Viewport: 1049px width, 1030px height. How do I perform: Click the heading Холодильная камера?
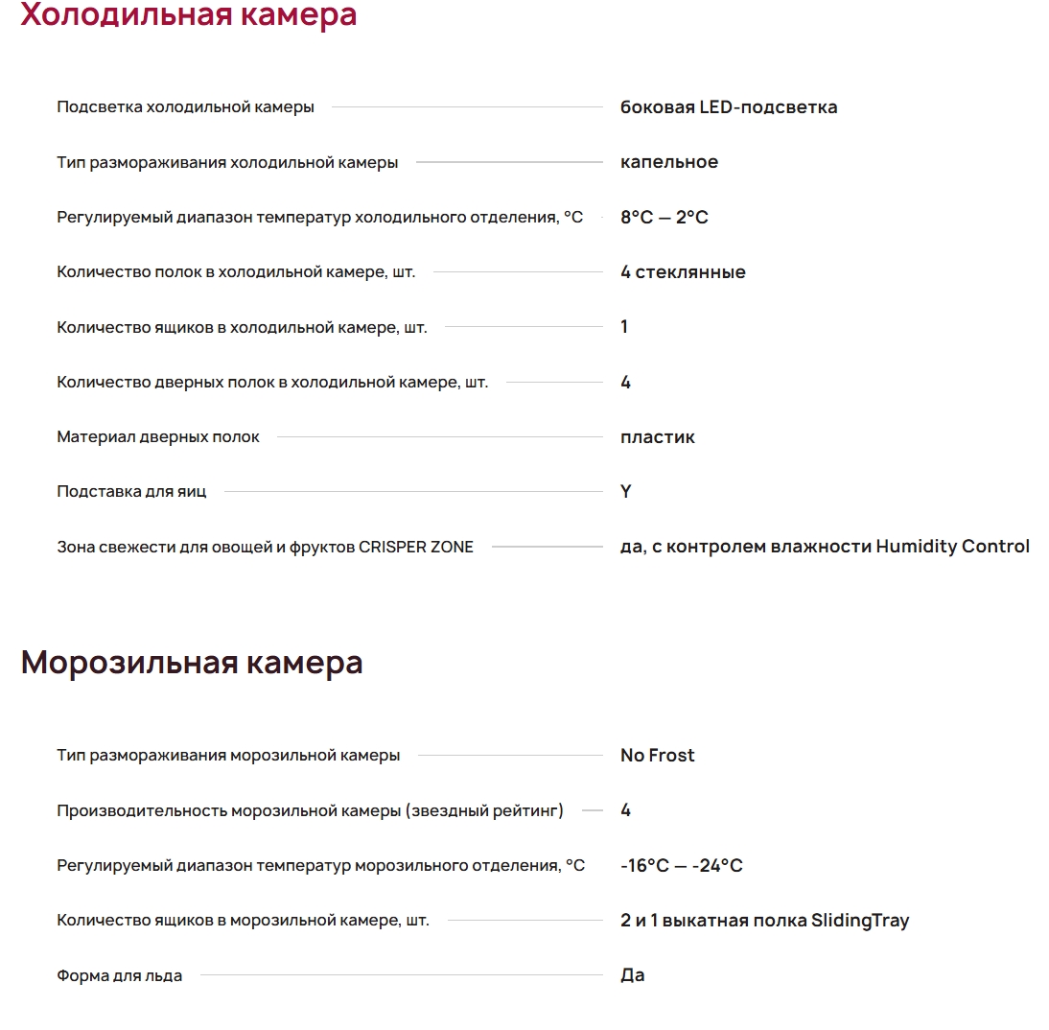pos(189,15)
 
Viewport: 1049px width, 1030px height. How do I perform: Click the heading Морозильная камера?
pos(192,663)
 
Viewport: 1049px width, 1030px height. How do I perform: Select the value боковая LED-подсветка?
pos(729,107)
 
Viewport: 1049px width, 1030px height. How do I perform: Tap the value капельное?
pos(669,162)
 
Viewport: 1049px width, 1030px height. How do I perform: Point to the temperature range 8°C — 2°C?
pos(664,218)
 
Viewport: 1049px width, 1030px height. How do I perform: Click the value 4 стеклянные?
pos(683,272)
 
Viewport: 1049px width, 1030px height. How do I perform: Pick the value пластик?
pos(658,437)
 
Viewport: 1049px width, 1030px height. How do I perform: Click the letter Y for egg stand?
pos(626,492)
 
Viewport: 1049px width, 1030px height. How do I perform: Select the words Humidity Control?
pos(953,547)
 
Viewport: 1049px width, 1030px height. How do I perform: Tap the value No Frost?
pos(658,756)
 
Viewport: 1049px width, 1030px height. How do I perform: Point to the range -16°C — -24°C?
pos(682,866)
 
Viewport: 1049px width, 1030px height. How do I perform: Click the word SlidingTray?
pos(860,921)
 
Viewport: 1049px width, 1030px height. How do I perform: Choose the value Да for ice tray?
pos(633,975)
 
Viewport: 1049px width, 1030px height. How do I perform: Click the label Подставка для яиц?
pos(131,492)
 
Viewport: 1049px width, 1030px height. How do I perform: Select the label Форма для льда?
pos(120,976)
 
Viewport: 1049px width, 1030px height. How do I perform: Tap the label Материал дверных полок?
pos(158,437)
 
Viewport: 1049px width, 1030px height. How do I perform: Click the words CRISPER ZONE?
pos(416,548)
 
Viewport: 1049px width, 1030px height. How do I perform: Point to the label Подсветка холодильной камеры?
pos(185,107)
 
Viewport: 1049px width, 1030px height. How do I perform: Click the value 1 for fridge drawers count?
pos(624,327)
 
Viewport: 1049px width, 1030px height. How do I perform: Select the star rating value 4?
pos(626,810)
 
